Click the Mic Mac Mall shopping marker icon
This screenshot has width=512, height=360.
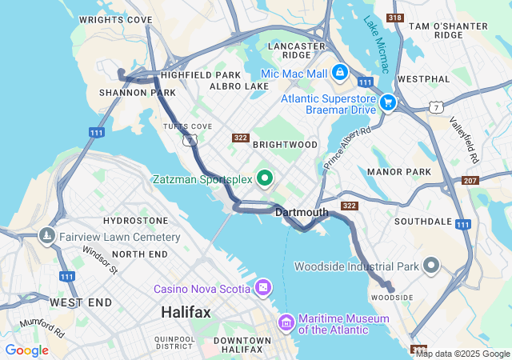(339, 73)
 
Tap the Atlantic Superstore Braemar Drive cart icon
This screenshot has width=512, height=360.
(388, 102)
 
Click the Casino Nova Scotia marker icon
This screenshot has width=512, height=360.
(263, 287)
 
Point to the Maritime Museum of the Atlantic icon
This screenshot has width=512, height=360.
(286, 322)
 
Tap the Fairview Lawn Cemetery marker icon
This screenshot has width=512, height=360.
(46, 237)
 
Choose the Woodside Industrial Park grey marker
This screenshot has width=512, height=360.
(432, 266)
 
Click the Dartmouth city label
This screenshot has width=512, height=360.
(302, 213)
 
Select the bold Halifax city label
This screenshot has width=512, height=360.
(186, 312)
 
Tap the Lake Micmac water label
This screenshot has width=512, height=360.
(375, 45)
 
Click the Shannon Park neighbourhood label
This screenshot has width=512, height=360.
(126, 93)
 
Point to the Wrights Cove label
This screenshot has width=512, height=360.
(116, 19)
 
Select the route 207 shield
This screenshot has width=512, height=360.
(470, 181)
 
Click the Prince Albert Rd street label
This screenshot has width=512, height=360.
(348, 148)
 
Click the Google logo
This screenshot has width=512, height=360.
(26, 350)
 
